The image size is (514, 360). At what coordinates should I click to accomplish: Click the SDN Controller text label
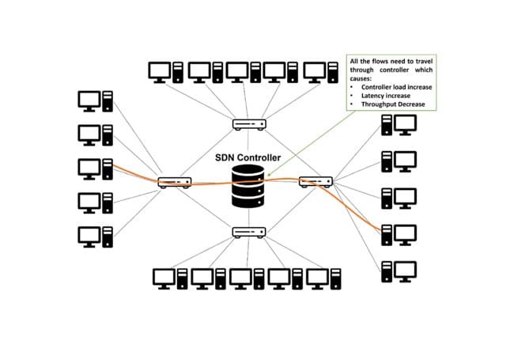[248, 157]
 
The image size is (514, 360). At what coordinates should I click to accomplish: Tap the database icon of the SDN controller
[248, 188]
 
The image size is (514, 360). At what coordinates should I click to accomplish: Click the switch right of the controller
[316, 182]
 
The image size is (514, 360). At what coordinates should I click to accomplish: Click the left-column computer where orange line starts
[95, 169]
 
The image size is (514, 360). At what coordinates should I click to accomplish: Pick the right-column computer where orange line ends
[399, 234]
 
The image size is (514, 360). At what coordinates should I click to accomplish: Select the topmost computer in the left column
[95, 101]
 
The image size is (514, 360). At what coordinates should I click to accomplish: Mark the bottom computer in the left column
[95, 237]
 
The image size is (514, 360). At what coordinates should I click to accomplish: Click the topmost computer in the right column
[399, 124]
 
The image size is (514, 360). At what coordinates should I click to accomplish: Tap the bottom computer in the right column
[399, 271]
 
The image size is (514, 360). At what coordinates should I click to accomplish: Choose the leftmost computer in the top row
[167, 72]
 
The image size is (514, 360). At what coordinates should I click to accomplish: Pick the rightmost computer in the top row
[322, 72]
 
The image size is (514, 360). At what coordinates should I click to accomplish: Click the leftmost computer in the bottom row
[170, 278]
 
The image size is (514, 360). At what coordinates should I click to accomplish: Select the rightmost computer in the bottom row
[325, 278]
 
